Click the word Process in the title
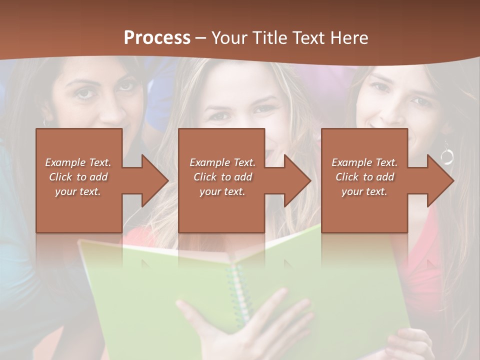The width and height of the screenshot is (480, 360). click(157, 37)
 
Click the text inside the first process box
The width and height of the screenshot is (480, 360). click(78, 177)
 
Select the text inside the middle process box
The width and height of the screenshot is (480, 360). click(222, 177)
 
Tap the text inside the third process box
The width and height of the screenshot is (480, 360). click(364, 177)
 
